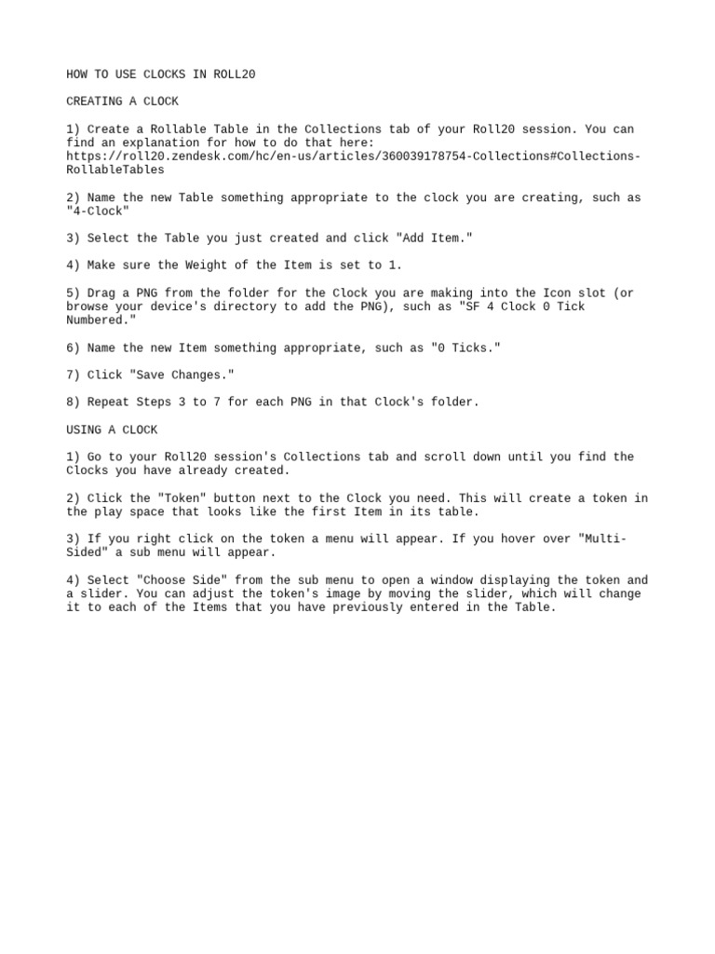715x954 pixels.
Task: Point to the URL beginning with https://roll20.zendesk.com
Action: (354, 157)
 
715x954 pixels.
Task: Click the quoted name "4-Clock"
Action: (98, 211)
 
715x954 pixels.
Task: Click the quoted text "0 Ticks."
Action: (465, 348)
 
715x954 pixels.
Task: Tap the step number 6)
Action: (74, 348)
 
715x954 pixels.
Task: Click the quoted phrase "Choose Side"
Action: (182, 580)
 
